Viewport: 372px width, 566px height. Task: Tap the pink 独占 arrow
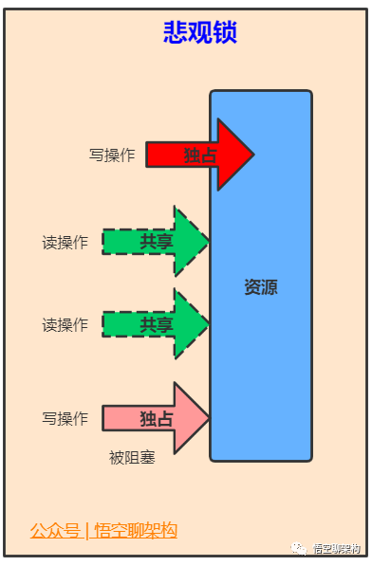click(x=177, y=418)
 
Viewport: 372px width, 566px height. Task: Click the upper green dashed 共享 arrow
click(x=158, y=242)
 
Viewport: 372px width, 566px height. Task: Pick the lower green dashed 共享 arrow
click(x=158, y=324)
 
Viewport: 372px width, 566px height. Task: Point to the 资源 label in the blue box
click(x=261, y=287)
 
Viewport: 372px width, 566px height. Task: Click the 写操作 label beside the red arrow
click(x=112, y=155)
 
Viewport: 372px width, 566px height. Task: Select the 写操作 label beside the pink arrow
click(x=65, y=418)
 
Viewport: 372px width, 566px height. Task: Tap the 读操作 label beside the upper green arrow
click(x=65, y=243)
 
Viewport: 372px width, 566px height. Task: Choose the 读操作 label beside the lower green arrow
click(x=65, y=325)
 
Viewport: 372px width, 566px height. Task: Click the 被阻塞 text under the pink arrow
click(x=132, y=459)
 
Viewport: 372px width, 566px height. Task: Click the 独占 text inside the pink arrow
click(x=157, y=418)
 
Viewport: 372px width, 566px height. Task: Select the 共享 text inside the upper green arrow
click(x=157, y=242)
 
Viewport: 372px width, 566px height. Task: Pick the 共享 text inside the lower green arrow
click(x=157, y=324)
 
